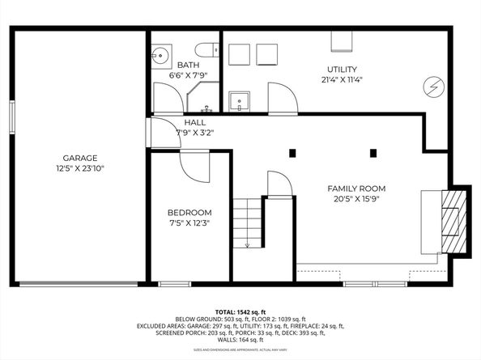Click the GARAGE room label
80,158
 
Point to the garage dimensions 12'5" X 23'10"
80,168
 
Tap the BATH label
189,65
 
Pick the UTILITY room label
342,70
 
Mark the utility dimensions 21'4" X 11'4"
342,79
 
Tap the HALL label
194,123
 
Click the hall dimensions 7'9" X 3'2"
194,133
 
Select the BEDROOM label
190,212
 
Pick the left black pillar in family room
294,152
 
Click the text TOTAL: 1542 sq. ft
240,312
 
